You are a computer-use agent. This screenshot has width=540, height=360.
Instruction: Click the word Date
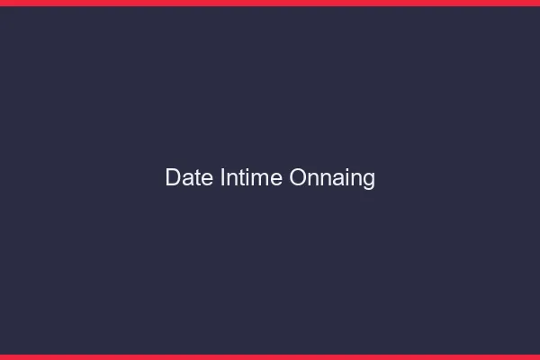pyautogui.click(x=189, y=178)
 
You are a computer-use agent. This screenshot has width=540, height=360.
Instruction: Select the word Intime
pyautogui.click(x=251, y=178)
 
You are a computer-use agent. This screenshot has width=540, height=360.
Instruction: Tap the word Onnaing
pyautogui.click(x=332, y=178)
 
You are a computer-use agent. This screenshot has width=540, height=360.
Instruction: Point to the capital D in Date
pyautogui.click(x=174, y=178)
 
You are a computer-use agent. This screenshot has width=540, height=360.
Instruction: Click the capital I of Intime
pyautogui.click(x=222, y=178)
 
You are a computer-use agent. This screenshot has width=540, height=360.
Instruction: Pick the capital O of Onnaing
pyautogui.click(x=299, y=178)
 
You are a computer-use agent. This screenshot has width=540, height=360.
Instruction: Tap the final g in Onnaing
pyautogui.click(x=369, y=180)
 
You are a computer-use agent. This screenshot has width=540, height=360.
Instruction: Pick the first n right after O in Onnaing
pyautogui.click(x=315, y=180)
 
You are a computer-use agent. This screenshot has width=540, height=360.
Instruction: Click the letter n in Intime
pyautogui.click(x=231, y=180)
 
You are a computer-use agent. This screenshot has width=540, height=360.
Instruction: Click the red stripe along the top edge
pyautogui.click(x=270, y=3)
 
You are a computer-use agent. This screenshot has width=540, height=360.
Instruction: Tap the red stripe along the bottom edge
pyautogui.click(x=270, y=357)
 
